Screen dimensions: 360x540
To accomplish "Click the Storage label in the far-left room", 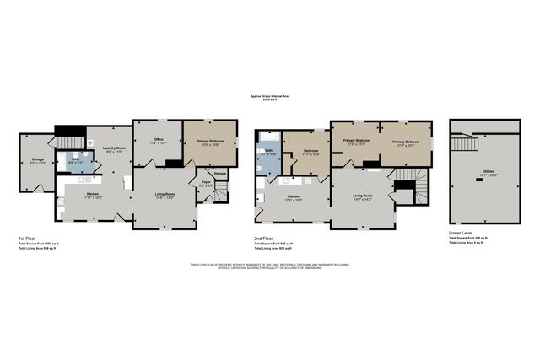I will (x=38, y=159).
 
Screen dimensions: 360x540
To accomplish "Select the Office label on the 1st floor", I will (x=158, y=140).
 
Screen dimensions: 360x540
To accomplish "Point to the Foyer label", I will (x=205, y=181).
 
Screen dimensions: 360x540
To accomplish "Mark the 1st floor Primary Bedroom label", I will (x=209, y=141).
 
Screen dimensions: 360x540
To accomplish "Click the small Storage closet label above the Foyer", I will (x=219, y=173).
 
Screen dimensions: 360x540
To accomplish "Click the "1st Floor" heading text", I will (x=30, y=239).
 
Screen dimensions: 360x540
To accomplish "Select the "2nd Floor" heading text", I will (x=262, y=239).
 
